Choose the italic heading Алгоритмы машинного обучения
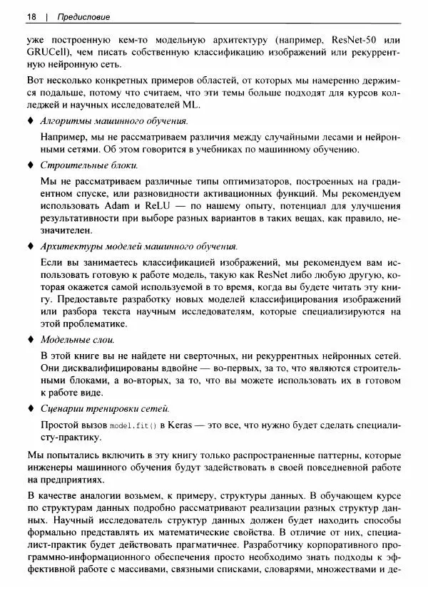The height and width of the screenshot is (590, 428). [114, 121]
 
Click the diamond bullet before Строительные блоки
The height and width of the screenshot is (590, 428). [30, 165]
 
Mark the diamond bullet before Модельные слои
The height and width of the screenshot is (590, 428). [30, 340]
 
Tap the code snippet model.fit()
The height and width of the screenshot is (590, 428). [132, 426]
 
